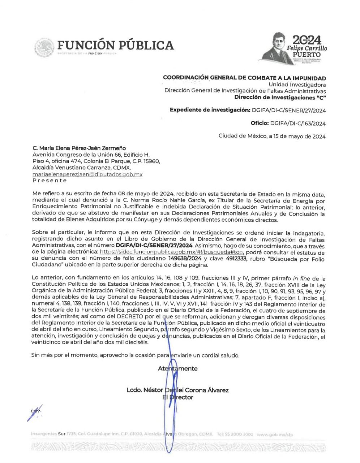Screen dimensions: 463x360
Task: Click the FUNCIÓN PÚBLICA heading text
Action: [x=115, y=45]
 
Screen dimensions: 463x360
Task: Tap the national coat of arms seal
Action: [x=44, y=48]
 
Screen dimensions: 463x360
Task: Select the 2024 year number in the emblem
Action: [x=307, y=40]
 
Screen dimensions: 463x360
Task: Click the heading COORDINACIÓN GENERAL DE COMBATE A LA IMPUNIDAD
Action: [x=244, y=78]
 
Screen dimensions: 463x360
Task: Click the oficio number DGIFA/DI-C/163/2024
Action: [x=298, y=123]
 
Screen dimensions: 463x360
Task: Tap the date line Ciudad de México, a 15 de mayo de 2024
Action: [x=272, y=136]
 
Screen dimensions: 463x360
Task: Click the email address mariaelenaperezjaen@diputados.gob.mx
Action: [x=87, y=174]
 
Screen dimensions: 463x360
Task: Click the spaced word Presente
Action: [x=50, y=180]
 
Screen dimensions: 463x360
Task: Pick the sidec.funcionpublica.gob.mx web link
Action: [x=172, y=252]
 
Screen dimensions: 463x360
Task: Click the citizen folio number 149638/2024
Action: [x=185, y=259]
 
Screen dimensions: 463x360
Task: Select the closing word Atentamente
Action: [x=178, y=369]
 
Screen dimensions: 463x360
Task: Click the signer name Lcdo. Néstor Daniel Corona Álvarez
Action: [x=177, y=390]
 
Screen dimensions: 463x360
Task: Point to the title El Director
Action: [x=178, y=397]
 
